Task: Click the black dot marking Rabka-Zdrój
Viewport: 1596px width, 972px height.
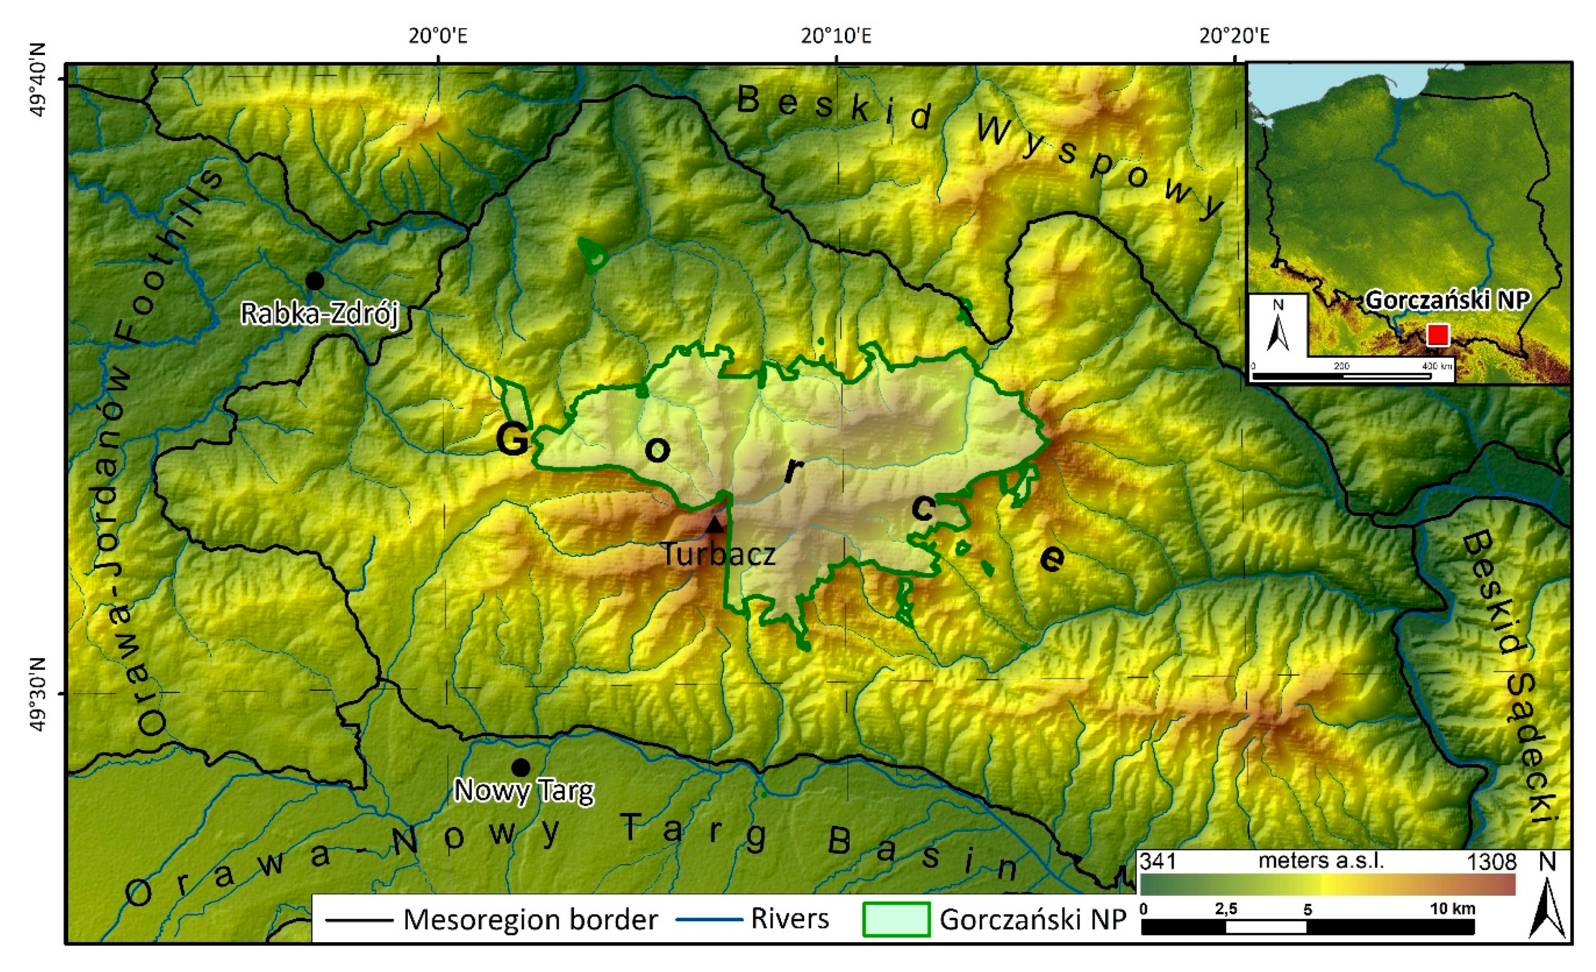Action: pyautogui.click(x=315, y=280)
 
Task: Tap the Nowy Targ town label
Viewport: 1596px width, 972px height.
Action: pyautogui.click(x=523, y=791)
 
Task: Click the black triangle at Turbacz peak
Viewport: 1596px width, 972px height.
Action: pyautogui.click(x=714, y=524)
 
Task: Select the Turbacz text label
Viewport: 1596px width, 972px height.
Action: pyautogui.click(x=718, y=555)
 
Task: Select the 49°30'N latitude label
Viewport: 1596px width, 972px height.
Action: pyautogui.click(x=39, y=693)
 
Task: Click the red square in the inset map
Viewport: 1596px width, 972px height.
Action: pyautogui.click(x=1437, y=335)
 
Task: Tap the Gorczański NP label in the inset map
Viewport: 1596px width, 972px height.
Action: pyautogui.click(x=1447, y=300)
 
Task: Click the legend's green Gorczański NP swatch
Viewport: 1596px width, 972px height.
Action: pyautogui.click(x=896, y=919)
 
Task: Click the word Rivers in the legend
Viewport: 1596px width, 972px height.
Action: pyautogui.click(x=789, y=919)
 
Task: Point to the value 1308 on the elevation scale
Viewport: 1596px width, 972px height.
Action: pyautogui.click(x=1492, y=862)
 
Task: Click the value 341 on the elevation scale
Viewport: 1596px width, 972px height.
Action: pyautogui.click(x=1159, y=862)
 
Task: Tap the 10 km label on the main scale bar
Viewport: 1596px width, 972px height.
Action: pyautogui.click(x=1452, y=909)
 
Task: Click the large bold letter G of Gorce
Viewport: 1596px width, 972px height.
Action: pyautogui.click(x=512, y=440)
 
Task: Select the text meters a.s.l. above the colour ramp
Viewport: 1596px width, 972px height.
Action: pyautogui.click(x=1321, y=861)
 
